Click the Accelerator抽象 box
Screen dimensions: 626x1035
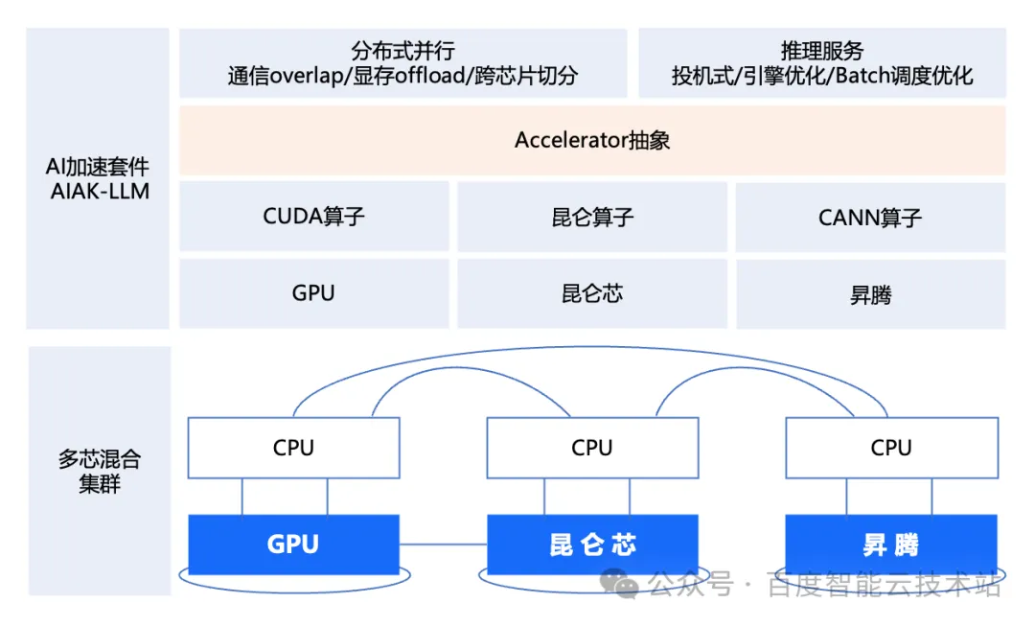(592, 140)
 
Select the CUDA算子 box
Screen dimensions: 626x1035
(313, 216)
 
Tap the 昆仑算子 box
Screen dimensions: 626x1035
(592, 217)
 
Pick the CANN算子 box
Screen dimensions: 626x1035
(870, 217)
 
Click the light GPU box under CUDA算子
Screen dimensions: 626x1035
(313, 292)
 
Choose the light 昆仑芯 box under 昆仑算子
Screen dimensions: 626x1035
(592, 292)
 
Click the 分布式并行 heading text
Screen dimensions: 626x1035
(402, 50)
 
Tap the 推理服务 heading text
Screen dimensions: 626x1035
(822, 50)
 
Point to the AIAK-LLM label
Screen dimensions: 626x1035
(100, 191)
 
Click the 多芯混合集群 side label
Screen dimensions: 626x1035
(100, 471)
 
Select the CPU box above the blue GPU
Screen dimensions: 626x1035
(293, 448)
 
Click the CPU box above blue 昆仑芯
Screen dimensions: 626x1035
(592, 448)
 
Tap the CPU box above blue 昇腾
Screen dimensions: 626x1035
(891, 448)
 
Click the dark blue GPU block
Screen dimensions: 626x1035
(293, 545)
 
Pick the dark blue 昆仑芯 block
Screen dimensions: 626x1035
(592, 545)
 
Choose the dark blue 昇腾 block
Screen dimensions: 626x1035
(891, 545)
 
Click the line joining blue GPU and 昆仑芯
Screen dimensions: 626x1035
(443, 544)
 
